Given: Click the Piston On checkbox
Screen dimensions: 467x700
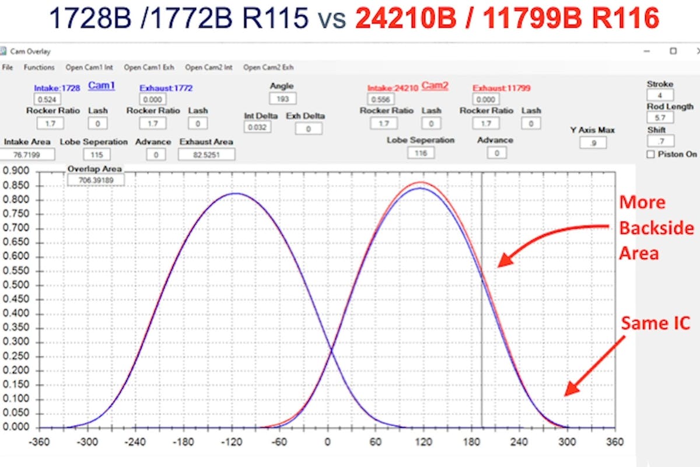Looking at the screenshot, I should pyautogui.click(x=651, y=155).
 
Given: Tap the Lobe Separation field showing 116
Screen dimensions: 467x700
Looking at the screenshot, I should pyautogui.click(x=421, y=153).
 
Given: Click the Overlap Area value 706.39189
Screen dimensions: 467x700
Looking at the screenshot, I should pyautogui.click(x=96, y=180).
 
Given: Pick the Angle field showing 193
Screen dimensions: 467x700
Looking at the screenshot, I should pyautogui.click(x=282, y=99).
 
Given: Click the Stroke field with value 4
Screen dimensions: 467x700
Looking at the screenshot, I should pyautogui.click(x=660, y=95).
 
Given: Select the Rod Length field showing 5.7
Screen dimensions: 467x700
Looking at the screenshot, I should pyautogui.click(x=660, y=118).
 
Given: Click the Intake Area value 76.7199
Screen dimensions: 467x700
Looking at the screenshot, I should pyautogui.click(x=28, y=155).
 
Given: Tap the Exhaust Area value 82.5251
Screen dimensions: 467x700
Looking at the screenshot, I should pyautogui.click(x=206, y=155).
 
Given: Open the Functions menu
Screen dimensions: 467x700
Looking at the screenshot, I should pyautogui.click(x=39, y=67).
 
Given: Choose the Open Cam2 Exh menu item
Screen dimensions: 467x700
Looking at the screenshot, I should pyautogui.click(x=268, y=67).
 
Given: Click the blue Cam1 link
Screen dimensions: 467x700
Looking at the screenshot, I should pyautogui.click(x=101, y=86).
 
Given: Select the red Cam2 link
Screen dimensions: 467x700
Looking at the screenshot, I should pyautogui.click(x=435, y=86).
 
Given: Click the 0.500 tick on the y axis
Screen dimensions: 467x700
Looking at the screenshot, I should pyautogui.click(x=15, y=285).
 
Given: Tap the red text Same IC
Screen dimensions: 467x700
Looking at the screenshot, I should pyautogui.click(x=656, y=322).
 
